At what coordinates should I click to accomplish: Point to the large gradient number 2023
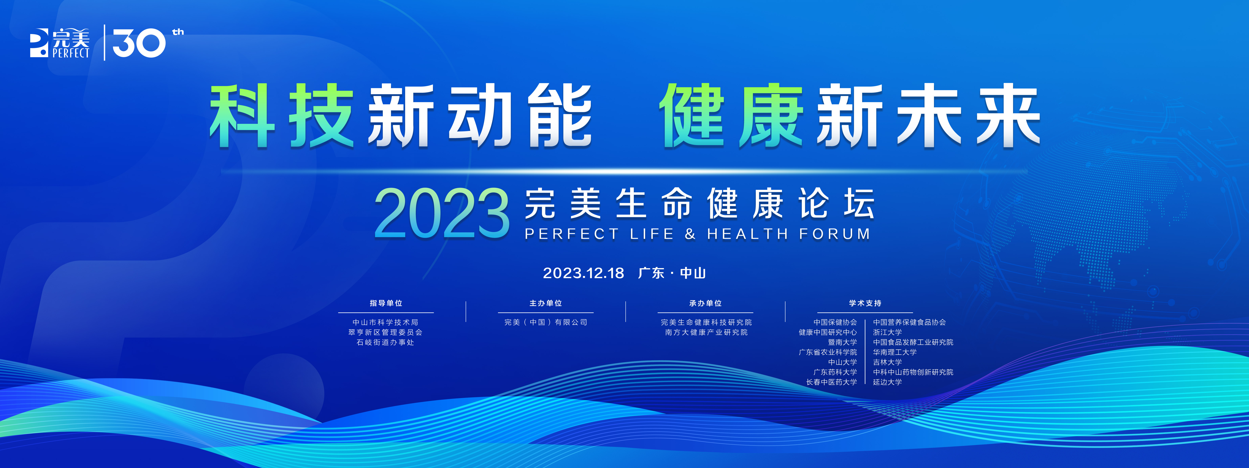click(x=442, y=213)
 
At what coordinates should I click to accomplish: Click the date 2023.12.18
click(x=583, y=273)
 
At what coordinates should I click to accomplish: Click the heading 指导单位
click(x=386, y=303)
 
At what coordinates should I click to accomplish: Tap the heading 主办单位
click(x=545, y=303)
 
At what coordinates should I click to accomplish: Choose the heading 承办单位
click(x=705, y=303)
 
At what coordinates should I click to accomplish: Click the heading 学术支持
click(x=865, y=303)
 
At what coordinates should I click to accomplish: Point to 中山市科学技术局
click(x=385, y=322)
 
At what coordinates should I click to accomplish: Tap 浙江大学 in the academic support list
click(x=887, y=332)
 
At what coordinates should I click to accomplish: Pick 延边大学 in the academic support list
click(x=887, y=382)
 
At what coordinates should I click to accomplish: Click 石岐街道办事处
click(x=385, y=343)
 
